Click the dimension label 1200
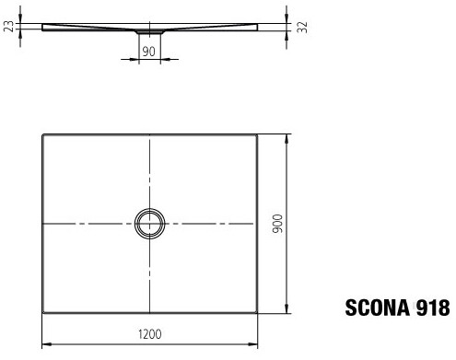(150, 334)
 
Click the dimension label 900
(277, 224)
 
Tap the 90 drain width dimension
(149, 52)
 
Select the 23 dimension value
(10, 27)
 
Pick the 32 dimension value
(302, 28)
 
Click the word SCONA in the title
(378, 308)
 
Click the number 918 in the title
(433, 308)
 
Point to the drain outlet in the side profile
(150, 31)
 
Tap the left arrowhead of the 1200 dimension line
(46, 344)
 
